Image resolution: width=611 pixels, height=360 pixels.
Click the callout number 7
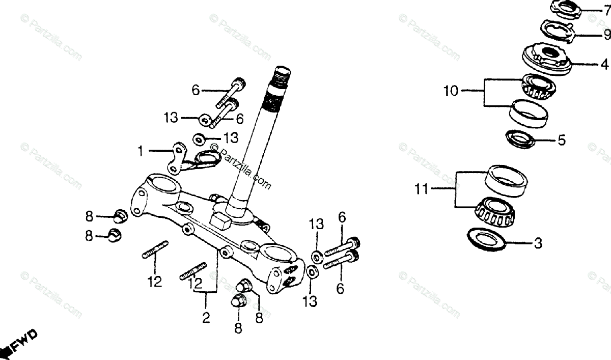(607, 10)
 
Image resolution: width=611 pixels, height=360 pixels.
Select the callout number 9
(607, 35)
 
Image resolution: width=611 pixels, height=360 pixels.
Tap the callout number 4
(604, 65)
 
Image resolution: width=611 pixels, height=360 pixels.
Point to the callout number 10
(451, 92)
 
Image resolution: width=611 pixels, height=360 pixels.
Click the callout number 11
(421, 190)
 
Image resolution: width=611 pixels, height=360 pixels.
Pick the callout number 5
(561, 140)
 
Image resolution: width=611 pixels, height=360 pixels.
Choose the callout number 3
(538, 243)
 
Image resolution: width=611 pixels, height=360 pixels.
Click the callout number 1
(140, 151)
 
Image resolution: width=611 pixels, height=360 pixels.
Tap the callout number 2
(206, 318)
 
